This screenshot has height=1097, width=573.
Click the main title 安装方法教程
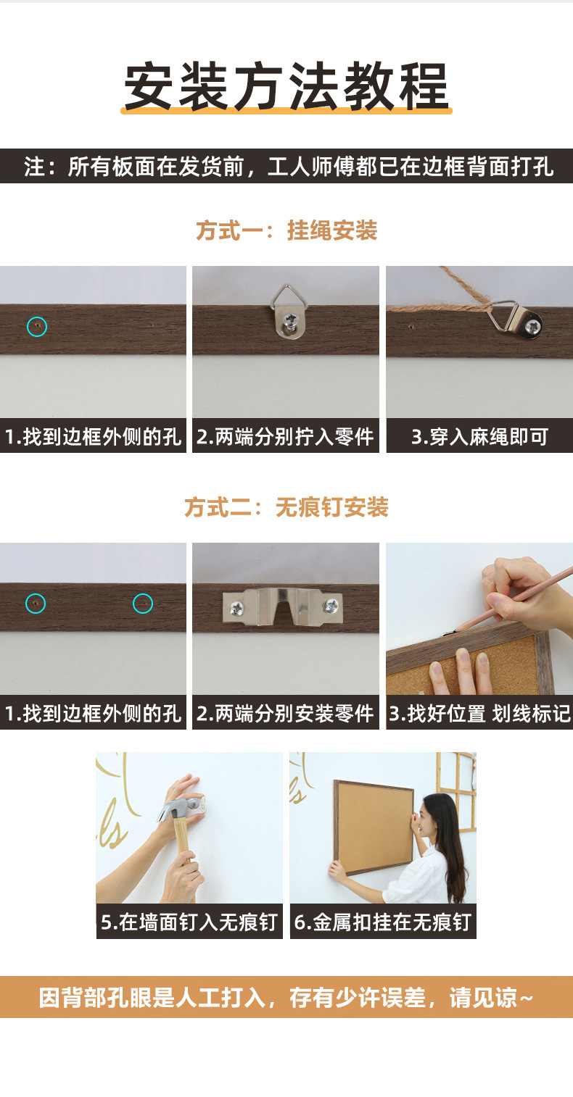(286, 87)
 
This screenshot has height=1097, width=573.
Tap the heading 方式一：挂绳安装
(286, 230)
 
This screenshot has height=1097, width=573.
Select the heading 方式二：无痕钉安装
(286, 507)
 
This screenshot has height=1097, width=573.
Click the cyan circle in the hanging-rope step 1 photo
(37, 327)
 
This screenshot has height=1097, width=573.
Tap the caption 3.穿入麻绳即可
(479, 438)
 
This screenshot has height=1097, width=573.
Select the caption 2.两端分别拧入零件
(285, 438)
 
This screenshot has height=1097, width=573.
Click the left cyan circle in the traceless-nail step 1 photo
(36, 603)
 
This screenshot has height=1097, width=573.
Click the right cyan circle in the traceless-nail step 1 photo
(143, 603)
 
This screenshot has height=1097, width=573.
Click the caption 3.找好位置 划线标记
(479, 714)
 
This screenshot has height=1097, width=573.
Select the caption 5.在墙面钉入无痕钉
(189, 922)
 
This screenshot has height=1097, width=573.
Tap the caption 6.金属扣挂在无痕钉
(383, 922)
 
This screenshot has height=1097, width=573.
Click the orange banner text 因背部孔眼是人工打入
(286, 998)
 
